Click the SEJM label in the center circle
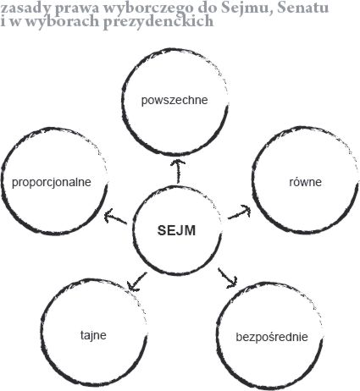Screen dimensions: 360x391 pos(176,230)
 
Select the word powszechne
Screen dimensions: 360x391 pos(174,100)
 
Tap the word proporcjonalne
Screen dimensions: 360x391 pos(52,182)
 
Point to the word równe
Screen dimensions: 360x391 pos(306,182)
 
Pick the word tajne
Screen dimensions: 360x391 pos(93,335)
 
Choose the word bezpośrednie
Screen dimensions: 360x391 pos(272,337)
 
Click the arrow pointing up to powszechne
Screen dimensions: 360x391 pos(179,171)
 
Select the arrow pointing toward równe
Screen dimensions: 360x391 pos(240,212)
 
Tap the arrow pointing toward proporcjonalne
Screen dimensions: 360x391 pos(115,217)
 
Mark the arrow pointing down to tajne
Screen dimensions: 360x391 pos(136,282)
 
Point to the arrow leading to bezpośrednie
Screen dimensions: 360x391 pos(228,278)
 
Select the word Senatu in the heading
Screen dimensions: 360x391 pos(303,8)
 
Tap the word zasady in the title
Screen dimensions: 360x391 pos(26,8)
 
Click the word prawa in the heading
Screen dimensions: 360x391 pos(77,9)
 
